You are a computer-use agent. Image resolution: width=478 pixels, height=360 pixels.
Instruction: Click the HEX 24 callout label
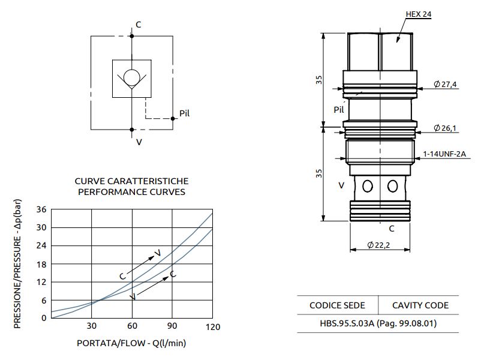point(418,14)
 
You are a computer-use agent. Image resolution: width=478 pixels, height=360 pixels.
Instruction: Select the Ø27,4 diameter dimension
point(445,85)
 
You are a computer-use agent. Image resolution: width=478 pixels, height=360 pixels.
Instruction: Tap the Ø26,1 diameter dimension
point(445,128)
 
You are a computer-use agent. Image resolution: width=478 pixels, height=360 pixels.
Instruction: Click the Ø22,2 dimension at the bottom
point(379,245)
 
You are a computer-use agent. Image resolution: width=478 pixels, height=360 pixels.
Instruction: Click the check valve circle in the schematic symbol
point(131,78)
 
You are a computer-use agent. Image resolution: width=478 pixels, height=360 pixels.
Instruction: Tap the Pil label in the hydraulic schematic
point(185,113)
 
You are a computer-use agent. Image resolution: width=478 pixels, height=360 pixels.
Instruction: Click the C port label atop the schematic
point(139,25)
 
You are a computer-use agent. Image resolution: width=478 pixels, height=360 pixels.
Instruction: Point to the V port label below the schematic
point(139,142)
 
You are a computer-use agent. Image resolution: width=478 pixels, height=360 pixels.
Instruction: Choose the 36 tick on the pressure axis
point(41,209)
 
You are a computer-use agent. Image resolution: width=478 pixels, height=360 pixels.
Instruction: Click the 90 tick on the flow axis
point(173,326)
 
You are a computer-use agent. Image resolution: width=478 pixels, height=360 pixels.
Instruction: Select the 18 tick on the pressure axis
point(41,264)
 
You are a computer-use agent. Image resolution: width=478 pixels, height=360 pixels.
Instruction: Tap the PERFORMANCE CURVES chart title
point(131,192)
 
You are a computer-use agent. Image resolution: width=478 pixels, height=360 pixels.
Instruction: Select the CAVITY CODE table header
point(420,305)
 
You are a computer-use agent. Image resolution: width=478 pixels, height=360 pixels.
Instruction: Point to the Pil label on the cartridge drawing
point(339,110)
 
